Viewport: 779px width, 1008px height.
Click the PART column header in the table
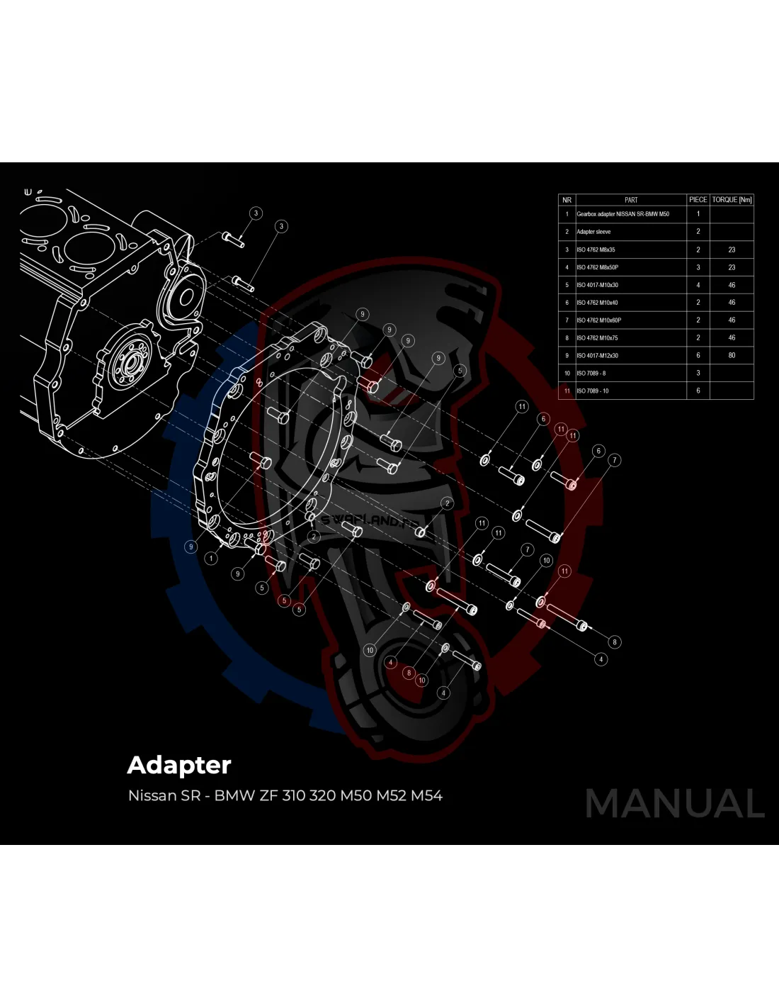tap(631, 200)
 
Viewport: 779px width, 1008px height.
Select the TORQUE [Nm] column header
tap(732, 200)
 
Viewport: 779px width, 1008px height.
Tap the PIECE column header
tap(698, 200)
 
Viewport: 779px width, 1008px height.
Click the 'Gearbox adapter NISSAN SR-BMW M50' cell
tap(622, 214)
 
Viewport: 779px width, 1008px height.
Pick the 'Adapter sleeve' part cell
tap(593, 232)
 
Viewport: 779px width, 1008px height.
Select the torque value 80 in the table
tap(732, 356)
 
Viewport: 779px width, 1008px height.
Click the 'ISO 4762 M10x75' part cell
tap(597, 338)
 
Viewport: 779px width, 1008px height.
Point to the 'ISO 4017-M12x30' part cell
tap(597, 356)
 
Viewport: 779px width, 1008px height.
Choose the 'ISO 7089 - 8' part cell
tap(591, 374)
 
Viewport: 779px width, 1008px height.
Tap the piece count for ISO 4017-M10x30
tap(698, 285)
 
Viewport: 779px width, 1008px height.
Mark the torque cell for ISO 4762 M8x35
tap(732, 250)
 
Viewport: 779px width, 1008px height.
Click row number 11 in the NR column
tap(567, 391)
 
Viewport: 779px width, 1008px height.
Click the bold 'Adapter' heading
tap(179, 766)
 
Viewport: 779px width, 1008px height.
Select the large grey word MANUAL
tap(675, 804)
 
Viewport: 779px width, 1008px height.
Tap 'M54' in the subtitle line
tap(426, 796)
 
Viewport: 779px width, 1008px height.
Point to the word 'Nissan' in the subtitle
tap(152, 796)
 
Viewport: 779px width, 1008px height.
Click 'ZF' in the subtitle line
tap(268, 796)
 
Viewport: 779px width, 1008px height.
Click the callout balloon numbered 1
tap(211, 559)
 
